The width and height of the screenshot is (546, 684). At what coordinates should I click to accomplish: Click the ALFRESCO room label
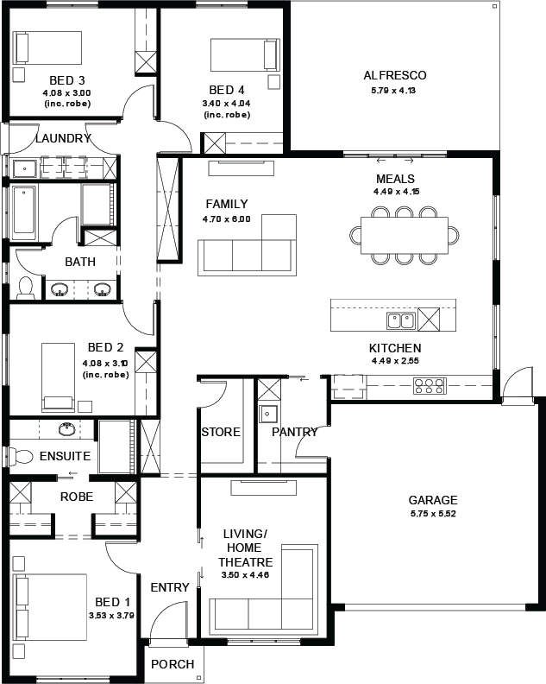tap(395, 75)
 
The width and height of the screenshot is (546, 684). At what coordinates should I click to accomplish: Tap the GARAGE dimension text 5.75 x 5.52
tap(433, 514)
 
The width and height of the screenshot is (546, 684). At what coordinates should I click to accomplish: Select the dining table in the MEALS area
tap(404, 235)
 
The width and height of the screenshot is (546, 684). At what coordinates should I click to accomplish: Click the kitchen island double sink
tap(401, 320)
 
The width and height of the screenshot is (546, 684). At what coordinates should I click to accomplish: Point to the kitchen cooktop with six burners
tap(430, 386)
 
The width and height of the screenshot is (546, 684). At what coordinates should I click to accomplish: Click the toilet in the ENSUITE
tap(21, 457)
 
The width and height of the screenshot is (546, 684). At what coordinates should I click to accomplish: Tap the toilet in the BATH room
tap(26, 288)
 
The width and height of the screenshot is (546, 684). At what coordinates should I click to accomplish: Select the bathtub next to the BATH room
tap(24, 212)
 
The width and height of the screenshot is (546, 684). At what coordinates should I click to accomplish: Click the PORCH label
tap(173, 664)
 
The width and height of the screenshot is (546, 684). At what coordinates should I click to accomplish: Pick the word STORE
tap(221, 432)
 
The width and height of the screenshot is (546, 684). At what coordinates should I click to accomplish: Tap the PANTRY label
tap(295, 432)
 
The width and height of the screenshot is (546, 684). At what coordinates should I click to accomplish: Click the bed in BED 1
tap(50, 607)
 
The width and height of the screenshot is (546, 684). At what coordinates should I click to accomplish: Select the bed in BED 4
tap(245, 54)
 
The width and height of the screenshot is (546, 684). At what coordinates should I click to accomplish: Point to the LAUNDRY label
tap(63, 138)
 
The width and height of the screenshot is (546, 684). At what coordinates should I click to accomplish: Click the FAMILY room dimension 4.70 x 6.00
tap(227, 219)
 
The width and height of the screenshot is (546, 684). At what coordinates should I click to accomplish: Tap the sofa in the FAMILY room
tap(247, 245)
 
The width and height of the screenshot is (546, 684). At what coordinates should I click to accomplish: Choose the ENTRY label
tap(170, 587)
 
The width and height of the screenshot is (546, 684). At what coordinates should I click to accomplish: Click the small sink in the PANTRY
tap(268, 414)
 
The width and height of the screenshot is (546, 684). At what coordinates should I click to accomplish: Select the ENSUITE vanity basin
tap(66, 428)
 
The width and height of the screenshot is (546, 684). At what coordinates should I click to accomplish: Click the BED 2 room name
tap(105, 347)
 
